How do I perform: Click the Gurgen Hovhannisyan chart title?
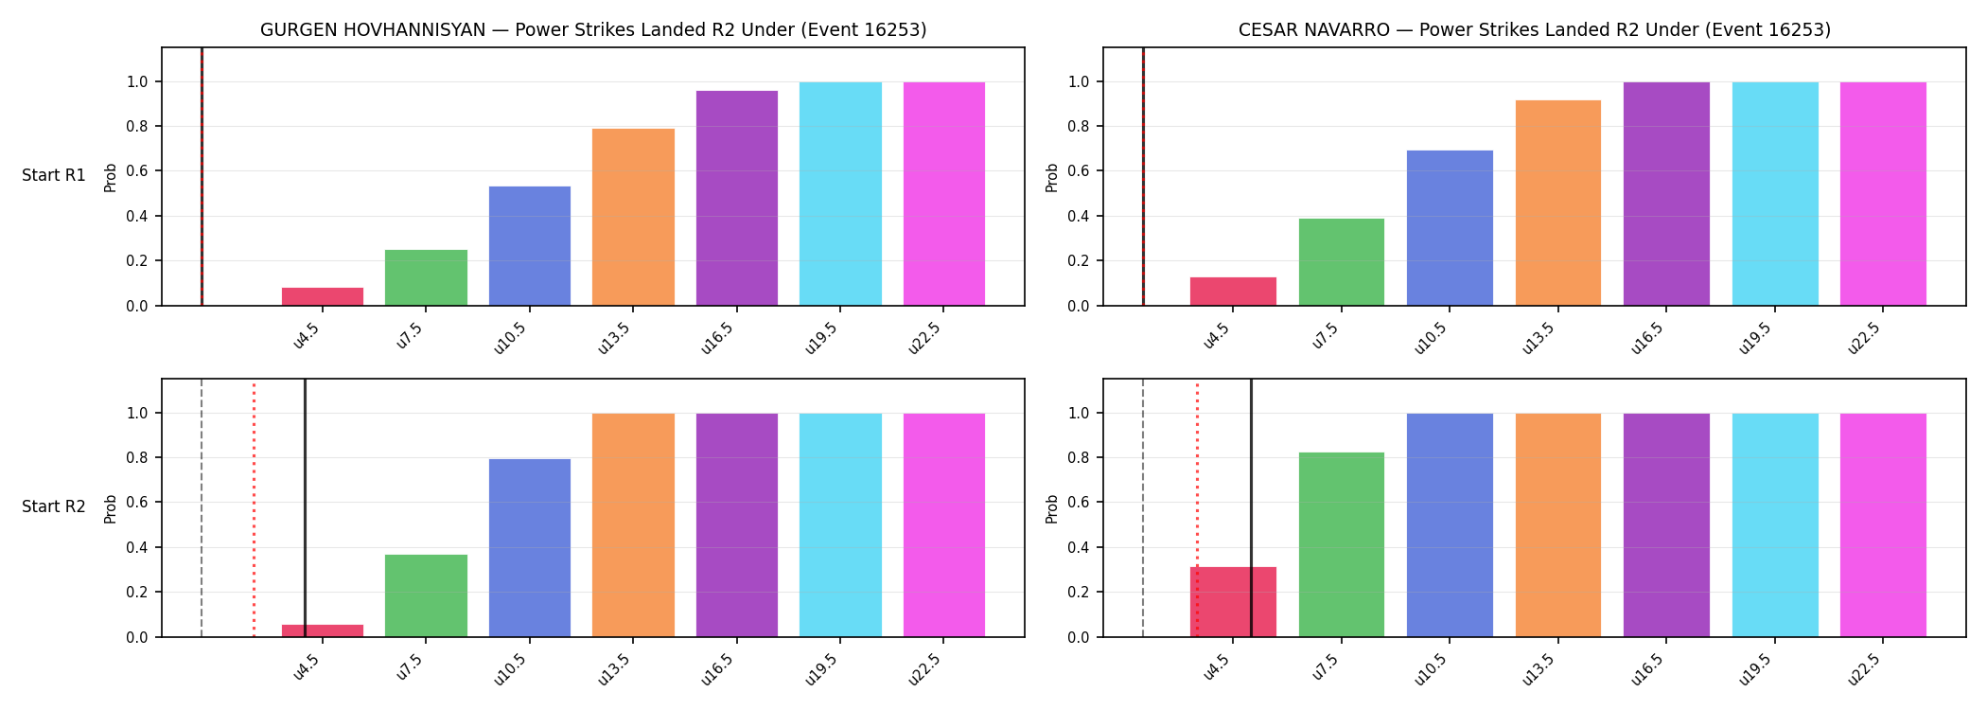tap(593, 30)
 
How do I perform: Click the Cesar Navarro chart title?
tap(1535, 30)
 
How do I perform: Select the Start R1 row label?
tap(54, 175)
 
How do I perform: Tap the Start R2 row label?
tap(54, 506)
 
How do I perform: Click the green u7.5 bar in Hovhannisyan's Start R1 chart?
tap(426, 277)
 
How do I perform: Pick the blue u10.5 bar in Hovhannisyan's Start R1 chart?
tap(530, 246)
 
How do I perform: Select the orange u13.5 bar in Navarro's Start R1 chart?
tap(1558, 203)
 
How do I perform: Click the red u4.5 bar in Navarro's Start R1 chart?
tap(1233, 292)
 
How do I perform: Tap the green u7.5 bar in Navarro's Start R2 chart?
tap(1342, 544)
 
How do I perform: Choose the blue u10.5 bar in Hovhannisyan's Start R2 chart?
tap(530, 548)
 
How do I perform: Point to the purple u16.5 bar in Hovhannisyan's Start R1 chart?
tap(737, 198)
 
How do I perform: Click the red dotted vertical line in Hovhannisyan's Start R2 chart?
tap(254, 509)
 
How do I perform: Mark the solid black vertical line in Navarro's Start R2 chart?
tap(1251, 507)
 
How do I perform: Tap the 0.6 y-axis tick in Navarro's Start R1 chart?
tap(1080, 171)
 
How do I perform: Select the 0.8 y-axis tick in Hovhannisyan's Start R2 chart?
tap(138, 458)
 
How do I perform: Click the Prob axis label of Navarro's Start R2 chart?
tap(1052, 508)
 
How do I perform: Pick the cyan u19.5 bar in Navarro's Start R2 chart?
tap(1775, 525)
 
